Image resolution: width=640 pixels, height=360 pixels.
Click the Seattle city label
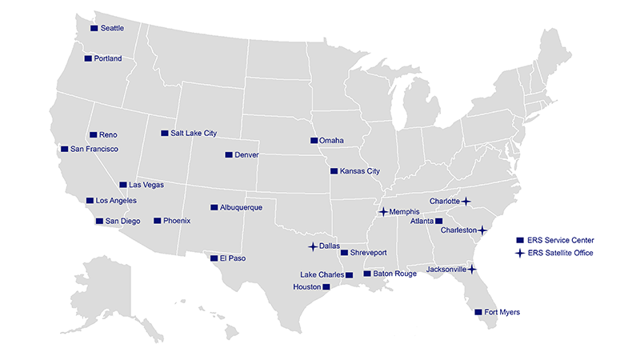[112, 29]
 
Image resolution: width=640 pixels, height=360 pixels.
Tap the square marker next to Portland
[88, 58]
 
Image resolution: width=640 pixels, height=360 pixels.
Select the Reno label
[108, 135]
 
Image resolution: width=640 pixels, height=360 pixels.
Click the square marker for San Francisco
[64, 149]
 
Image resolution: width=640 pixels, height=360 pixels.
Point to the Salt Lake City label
[194, 134]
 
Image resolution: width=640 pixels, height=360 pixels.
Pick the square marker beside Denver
[229, 154]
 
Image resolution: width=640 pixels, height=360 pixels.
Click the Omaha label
[331, 141]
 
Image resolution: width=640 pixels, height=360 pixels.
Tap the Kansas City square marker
[334, 170]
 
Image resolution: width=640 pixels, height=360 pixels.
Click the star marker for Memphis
[383, 212]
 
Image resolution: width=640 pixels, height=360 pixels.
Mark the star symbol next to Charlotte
[466, 201]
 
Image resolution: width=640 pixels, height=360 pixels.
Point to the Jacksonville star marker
[472, 270]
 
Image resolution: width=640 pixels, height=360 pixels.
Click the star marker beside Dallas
[313, 246]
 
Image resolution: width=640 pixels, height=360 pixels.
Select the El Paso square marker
[214, 258]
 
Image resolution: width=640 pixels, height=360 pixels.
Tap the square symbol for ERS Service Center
[520, 240]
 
